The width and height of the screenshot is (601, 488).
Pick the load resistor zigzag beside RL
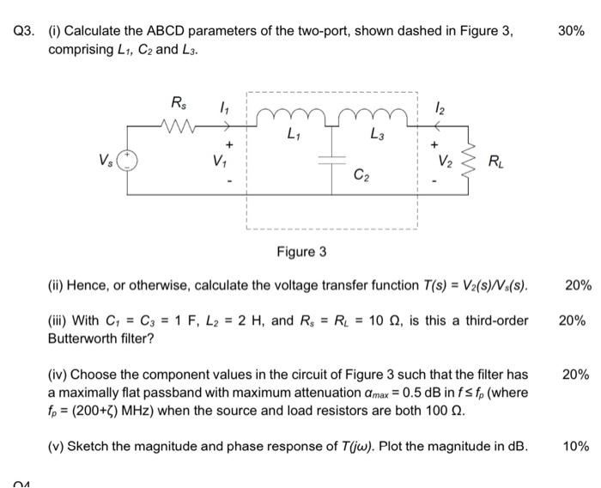pos(467,162)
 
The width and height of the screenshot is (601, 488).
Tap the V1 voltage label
pos(228,161)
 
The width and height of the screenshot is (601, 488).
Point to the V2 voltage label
pos(443,162)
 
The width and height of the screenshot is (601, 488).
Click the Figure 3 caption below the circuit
pos(300,252)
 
